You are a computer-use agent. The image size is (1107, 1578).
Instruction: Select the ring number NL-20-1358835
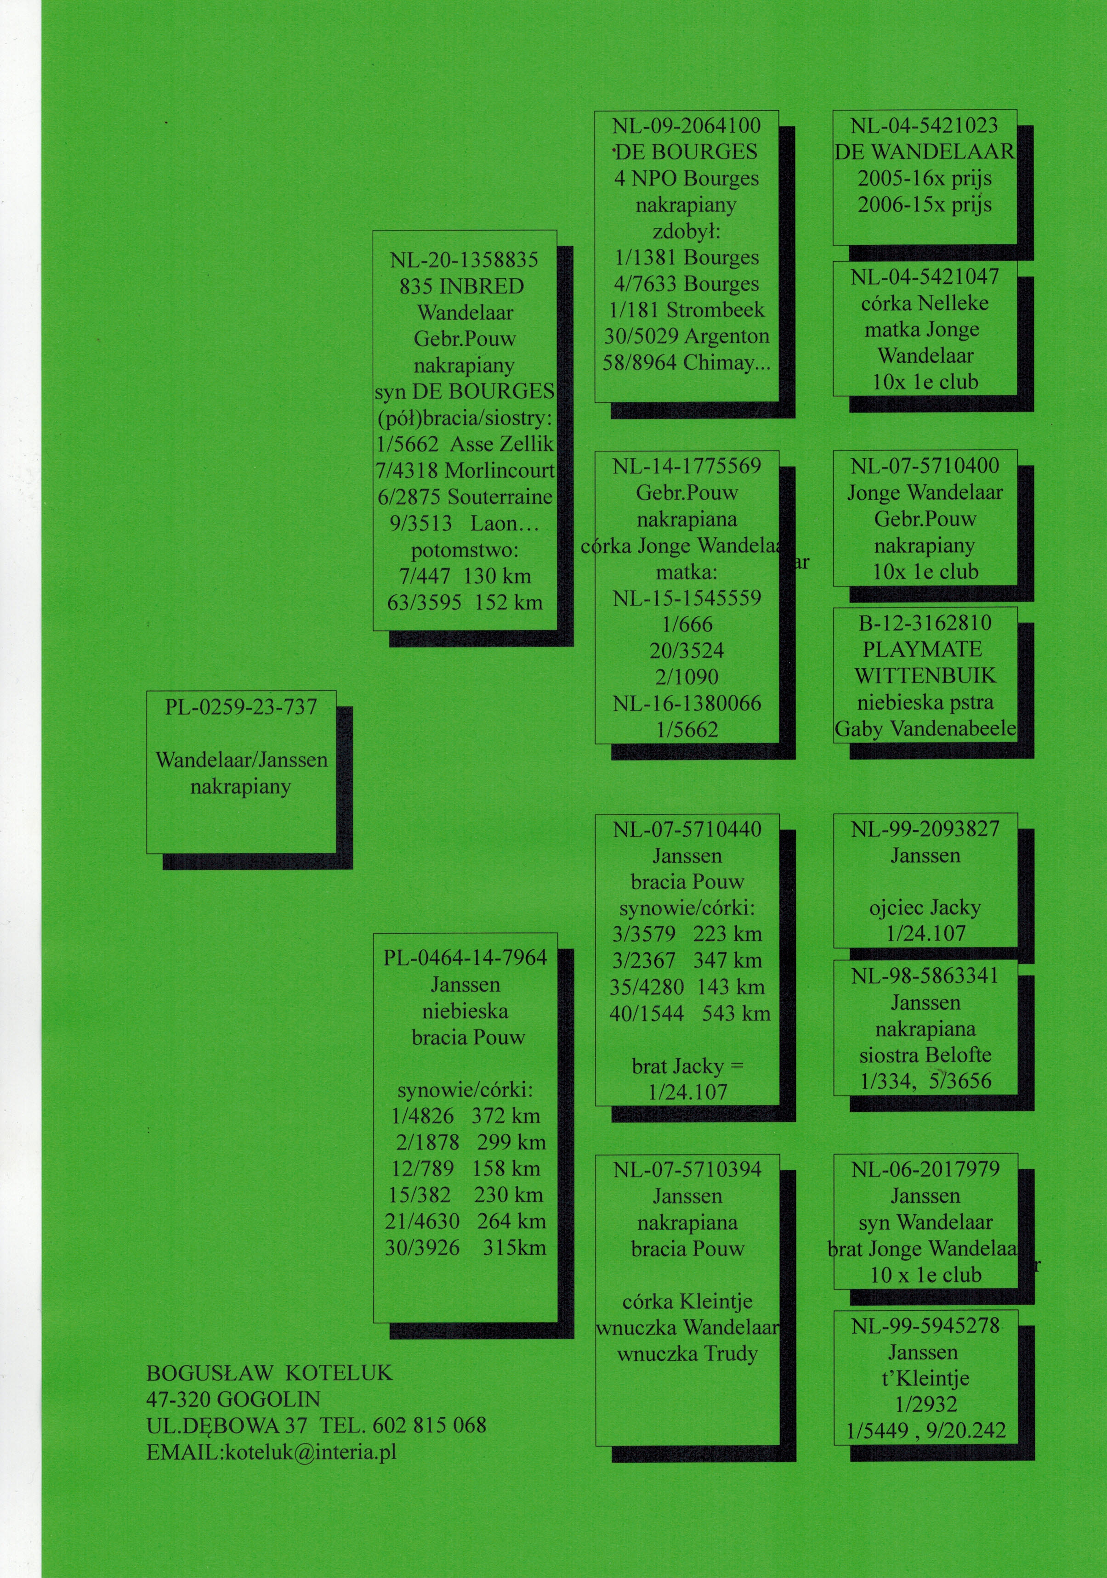click(464, 260)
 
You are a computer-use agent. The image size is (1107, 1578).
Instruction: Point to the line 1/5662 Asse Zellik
click(465, 444)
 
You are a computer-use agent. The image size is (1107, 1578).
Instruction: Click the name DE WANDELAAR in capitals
click(924, 152)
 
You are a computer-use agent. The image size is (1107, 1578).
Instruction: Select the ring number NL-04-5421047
click(924, 277)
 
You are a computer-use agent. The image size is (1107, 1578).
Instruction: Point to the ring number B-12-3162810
click(925, 623)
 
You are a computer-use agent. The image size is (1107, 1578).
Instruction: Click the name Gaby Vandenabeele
click(925, 728)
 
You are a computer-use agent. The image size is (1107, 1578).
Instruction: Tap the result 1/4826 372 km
click(466, 1116)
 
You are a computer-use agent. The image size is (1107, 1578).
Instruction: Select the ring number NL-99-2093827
click(925, 829)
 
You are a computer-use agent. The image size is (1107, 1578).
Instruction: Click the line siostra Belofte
click(925, 1055)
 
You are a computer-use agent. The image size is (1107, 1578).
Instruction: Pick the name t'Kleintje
click(925, 1378)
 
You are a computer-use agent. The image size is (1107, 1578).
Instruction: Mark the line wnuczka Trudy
click(687, 1354)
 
